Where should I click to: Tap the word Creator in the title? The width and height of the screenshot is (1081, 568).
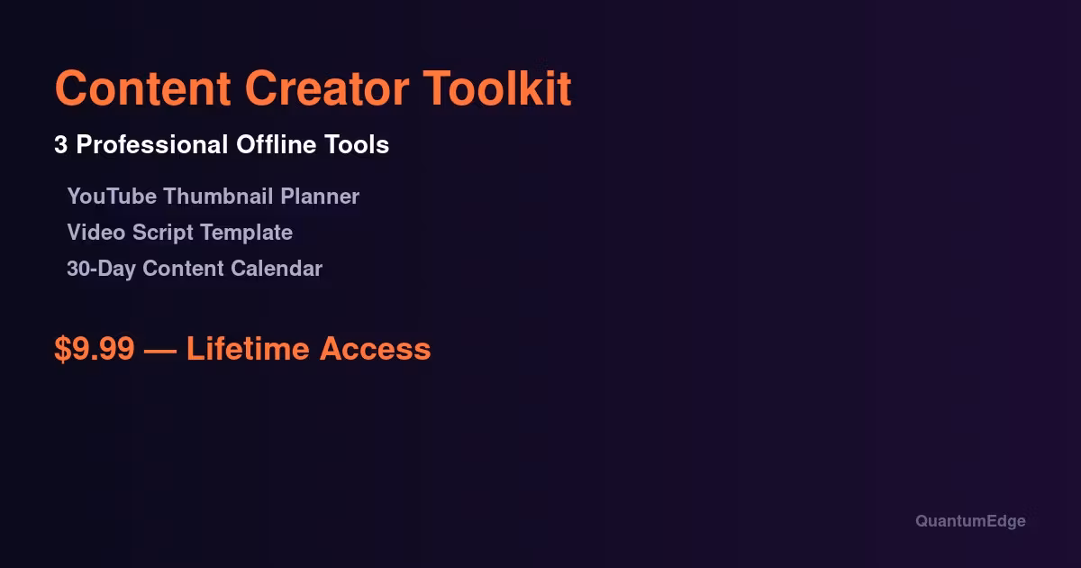(327, 88)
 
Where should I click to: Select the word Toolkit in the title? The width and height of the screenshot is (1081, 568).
(498, 88)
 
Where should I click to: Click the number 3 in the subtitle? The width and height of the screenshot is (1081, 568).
(61, 145)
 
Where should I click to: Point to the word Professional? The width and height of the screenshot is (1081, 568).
(152, 145)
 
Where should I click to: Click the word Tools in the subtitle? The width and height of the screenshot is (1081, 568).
(359, 145)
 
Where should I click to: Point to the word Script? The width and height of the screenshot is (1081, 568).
(163, 233)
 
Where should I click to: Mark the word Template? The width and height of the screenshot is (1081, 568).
(246, 233)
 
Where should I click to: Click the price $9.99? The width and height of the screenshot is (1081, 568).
(94, 349)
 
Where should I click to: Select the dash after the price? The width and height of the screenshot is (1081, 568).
(160, 349)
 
